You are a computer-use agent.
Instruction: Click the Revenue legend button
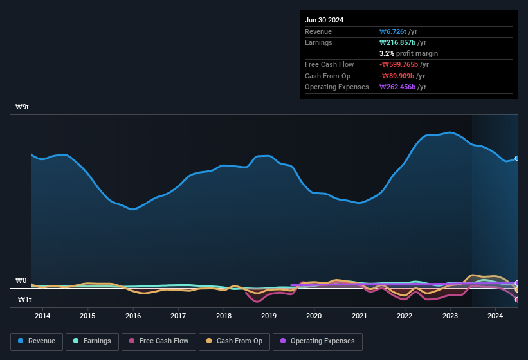click(x=37, y=341)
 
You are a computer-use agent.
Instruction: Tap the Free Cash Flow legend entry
click(x=159, y=341)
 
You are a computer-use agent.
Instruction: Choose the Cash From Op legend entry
click(x=233, y=341)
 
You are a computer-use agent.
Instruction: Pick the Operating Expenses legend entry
click(x=318, y=341)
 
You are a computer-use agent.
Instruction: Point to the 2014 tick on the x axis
click(x=42, y=316)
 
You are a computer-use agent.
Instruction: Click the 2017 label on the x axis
click(x=178, y=316)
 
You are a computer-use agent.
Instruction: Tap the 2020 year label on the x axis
click(x=314, y=316)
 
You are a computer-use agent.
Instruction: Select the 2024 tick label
click(x=495, y=316)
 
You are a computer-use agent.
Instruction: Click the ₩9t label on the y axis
click(x=23, y=107)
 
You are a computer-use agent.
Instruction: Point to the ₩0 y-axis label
click(x=21, y=281)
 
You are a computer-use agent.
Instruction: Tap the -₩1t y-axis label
click(x=24, y=300)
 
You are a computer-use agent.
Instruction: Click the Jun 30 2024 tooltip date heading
click(x=324, y=20)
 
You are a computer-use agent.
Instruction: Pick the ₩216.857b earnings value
click(x=401, y=42)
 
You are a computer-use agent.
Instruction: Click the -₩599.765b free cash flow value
click(x=403, y=64)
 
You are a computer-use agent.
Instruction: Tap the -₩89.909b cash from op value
click(x=401, y=76)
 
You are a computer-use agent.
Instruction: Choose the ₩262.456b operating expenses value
click(x=401, y=87)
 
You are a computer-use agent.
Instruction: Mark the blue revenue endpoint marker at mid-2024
click(x=517, y=158)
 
